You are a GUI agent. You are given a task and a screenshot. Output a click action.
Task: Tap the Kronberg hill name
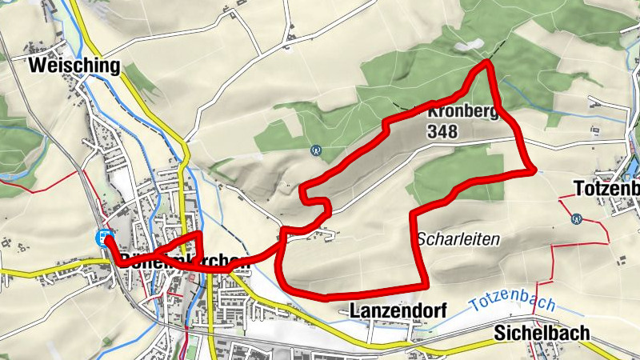tap(464, 112)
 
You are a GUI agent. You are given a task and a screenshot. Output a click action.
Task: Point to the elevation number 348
tap(442, 131)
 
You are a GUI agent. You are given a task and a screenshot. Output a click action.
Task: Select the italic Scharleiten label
tap(458, 238)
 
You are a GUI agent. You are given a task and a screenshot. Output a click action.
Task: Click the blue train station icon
tap(103, 237)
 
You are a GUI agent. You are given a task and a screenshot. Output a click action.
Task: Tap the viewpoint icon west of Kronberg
tap(316, 149)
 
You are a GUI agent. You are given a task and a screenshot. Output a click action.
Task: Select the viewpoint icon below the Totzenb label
tap(576, 218)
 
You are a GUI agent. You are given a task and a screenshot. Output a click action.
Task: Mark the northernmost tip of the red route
tap(486, 62)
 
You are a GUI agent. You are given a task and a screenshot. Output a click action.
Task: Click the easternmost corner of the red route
tap(533, 170)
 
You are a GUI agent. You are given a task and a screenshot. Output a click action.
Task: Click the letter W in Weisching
tap(38, 66)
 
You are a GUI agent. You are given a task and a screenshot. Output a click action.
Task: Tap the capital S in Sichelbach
tap(500, 331)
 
